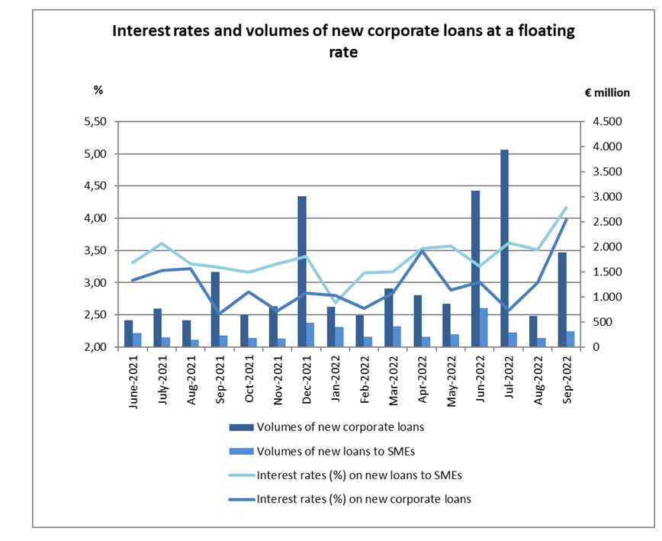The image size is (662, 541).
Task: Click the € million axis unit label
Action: (x=607, y=92)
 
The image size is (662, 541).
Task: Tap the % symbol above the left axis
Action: (x=98, y=90)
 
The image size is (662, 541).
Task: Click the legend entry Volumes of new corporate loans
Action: (x=340, y=427)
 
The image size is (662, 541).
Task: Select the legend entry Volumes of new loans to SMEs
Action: (x=333, y=450)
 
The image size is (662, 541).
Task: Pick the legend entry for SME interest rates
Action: (x=360, y=475)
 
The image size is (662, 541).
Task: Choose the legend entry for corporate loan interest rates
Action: (x=364, y=499)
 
